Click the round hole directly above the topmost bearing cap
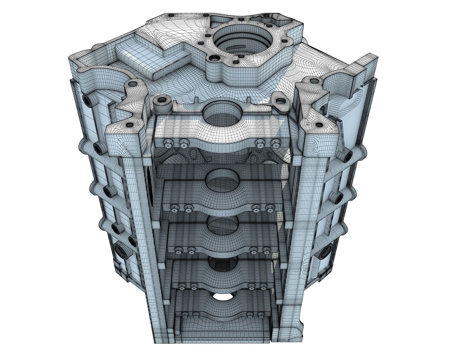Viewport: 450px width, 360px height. tap(222, 112)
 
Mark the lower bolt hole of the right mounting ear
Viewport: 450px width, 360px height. tap(319, 125)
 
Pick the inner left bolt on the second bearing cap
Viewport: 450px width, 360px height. tap(188, 208)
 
